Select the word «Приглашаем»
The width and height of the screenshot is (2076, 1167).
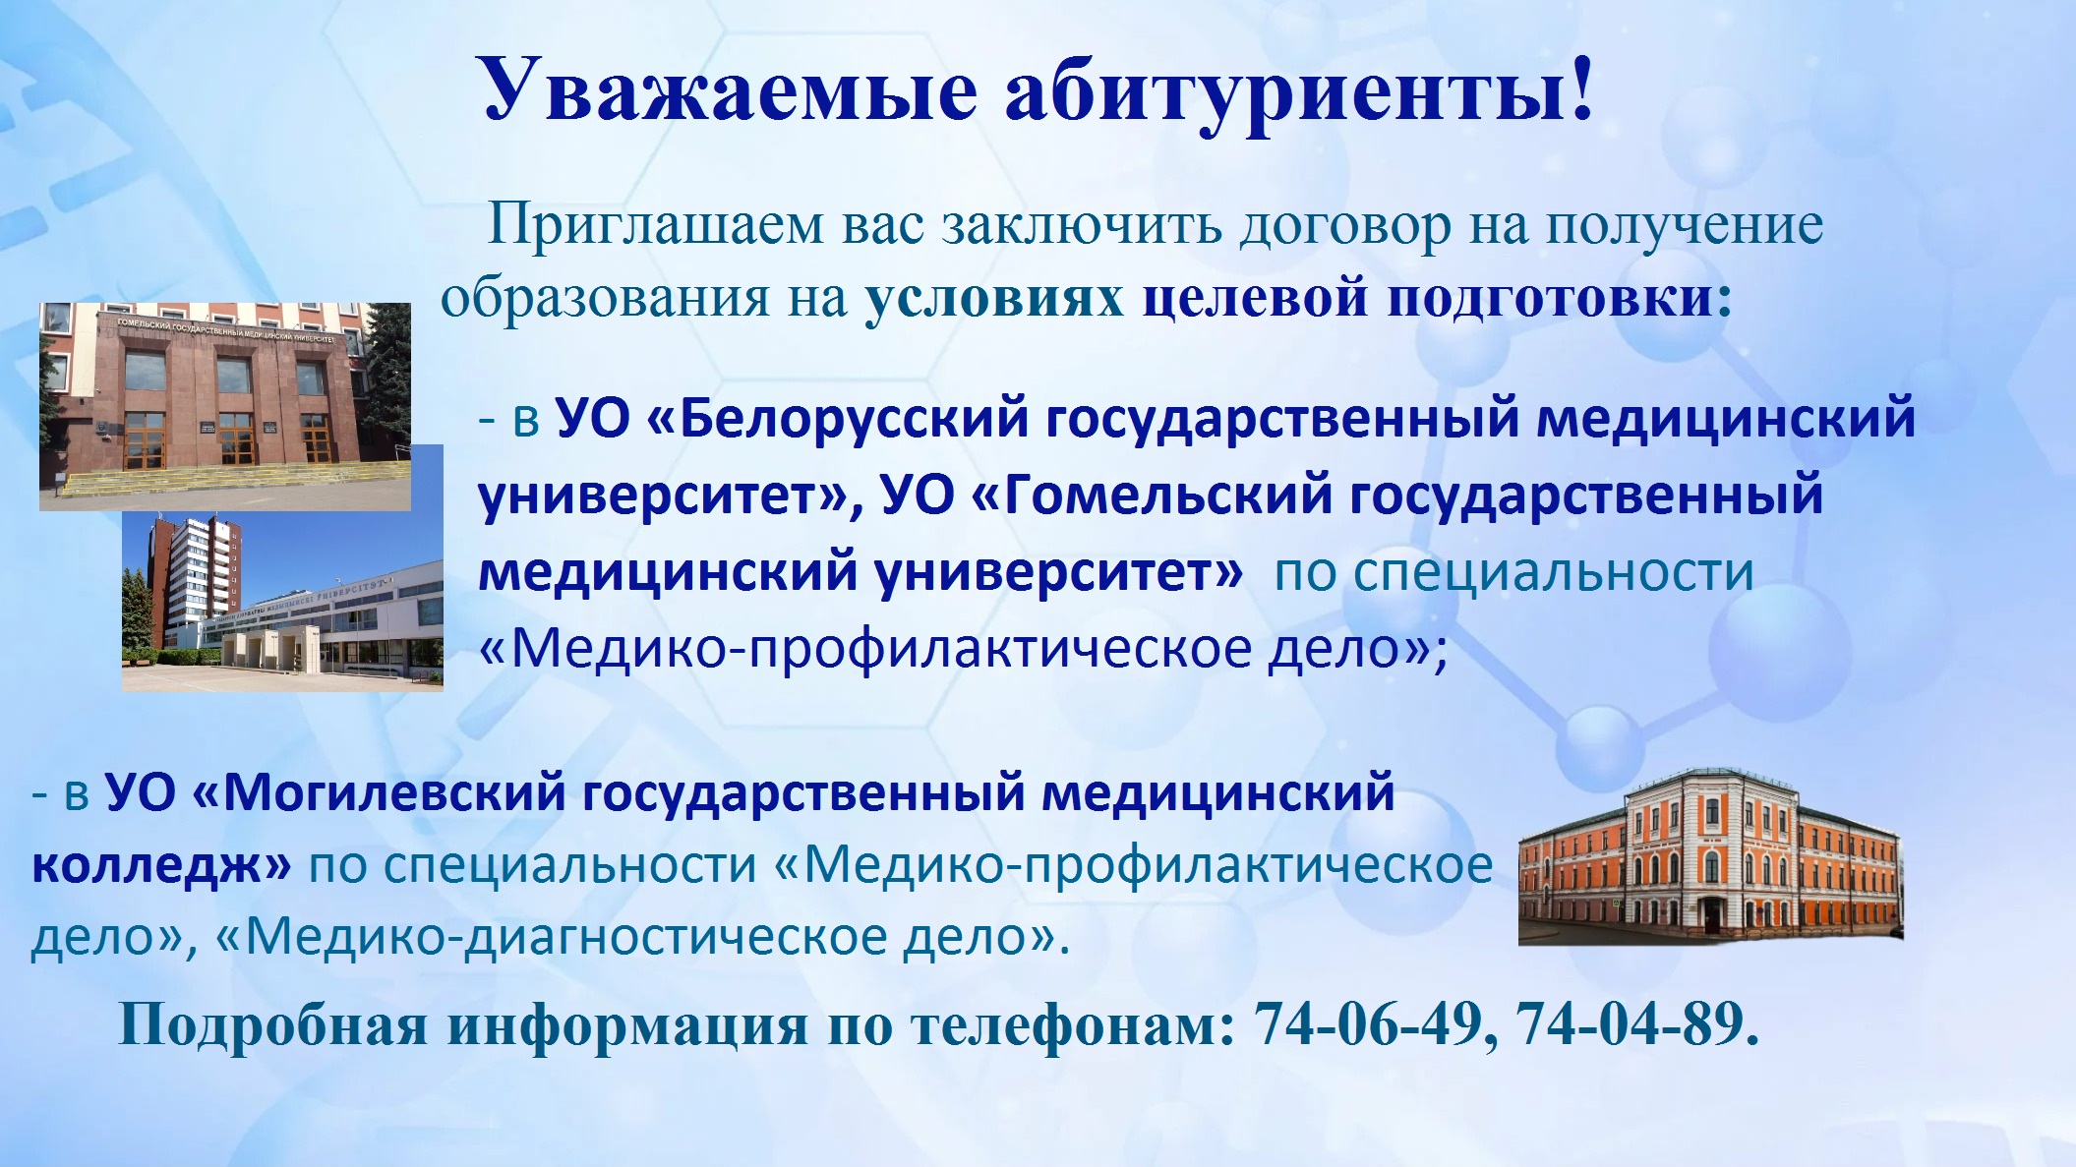pyautogui.click(x=656, y=225)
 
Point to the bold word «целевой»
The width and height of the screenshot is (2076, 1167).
pyautogui.click(x=1255, y=298)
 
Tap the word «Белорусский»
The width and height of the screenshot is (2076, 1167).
pyautogui.click(x=853, y=419)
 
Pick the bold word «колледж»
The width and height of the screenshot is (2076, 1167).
pyautogui.click(x=148, y=866)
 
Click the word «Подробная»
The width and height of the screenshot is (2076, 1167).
pyautogui.click(x=272, y=1025)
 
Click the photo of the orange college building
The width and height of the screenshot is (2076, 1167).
pyautogui.click(x=1710, y=856)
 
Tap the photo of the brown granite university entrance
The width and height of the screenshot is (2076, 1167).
pyautogui.click(x=225, y=406)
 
